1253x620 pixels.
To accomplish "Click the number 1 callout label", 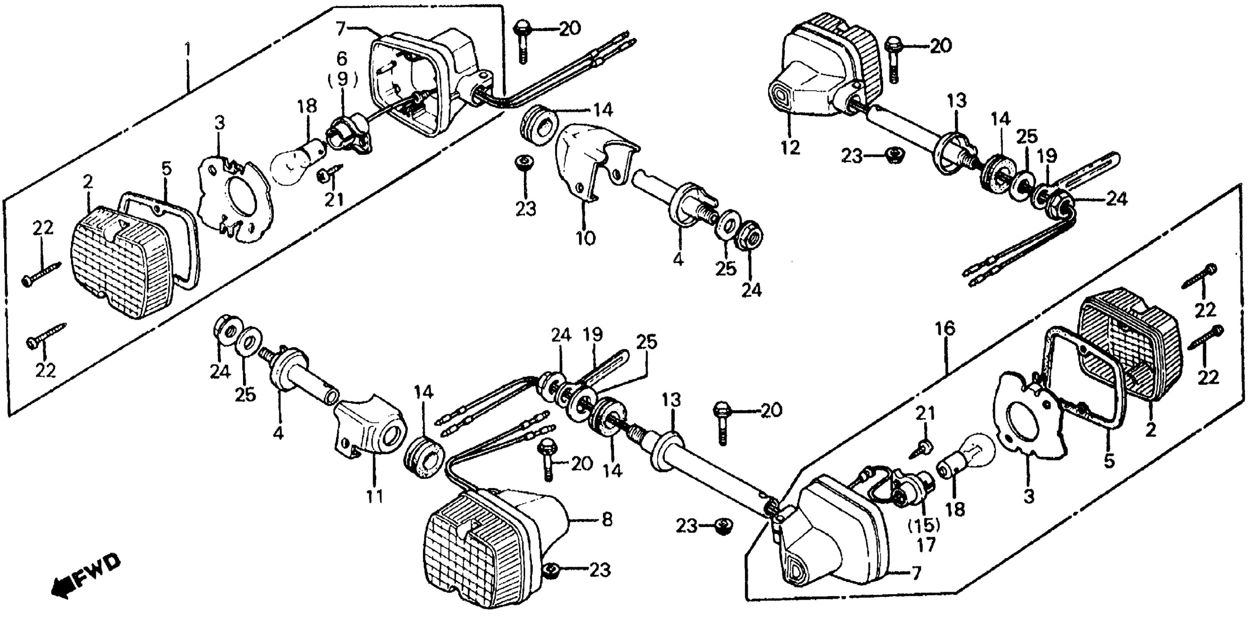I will pyautogui.click(x=188, y=49).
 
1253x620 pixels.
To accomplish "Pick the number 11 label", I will pyautogui.click(x=374, y=496).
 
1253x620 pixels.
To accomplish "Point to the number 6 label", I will pyautogui.click(x=342, y=59).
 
